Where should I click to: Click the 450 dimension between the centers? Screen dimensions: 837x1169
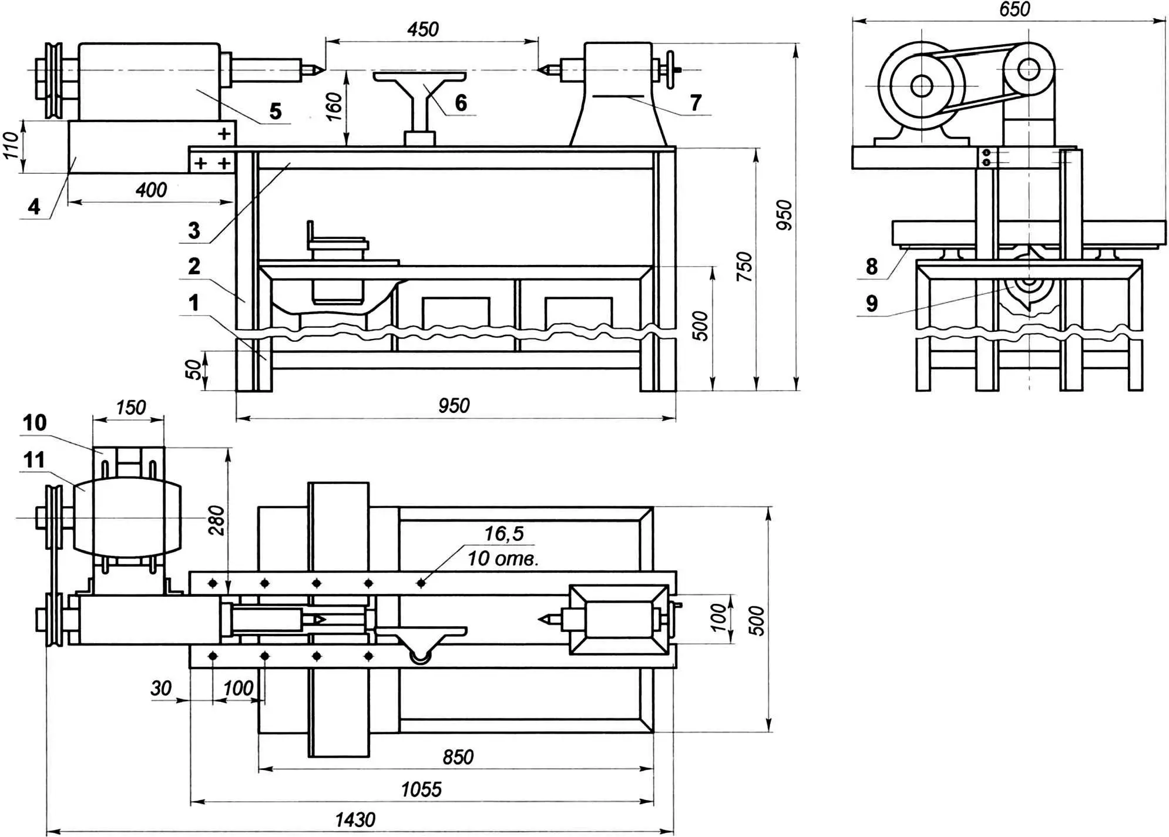pyautogui.click(x=423, y=29)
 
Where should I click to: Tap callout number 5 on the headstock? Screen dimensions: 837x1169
pyautogui.click(x=275, y=111)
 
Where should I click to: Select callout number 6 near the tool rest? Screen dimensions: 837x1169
pyautogui.click(x=461, y=103)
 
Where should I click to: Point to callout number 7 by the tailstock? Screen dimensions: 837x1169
pyautogui.click(x=695, y=103)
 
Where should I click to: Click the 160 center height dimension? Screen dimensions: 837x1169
pyautogui.click(x=334, y=106)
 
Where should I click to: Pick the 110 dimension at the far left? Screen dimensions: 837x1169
pyautogui.click(x=11, y=145)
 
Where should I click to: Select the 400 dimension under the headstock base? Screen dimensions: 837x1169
pyautogui.click(x=151, y=190)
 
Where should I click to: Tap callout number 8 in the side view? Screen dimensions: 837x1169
pyautogui.click(x=872, y=267)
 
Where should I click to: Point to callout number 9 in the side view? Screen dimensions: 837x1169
pyautogui.click(x=872, y=303)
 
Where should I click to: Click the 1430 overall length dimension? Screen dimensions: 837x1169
pyautogui.click(x=355, y=819)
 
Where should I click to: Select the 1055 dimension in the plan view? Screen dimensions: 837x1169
pyautogui.click(x=421, y=789)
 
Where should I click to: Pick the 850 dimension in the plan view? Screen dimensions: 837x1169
pyautogui.click(x=458, y=757)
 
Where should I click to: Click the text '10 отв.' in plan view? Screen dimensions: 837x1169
pyautogui.click(x=503, y=558)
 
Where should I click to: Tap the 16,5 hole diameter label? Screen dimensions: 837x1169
pyautogui.click(x=503, y=533)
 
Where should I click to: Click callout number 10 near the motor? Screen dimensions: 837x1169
pyautogui.click(x=35, y=422)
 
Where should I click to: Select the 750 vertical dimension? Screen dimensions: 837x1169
pyautogui.click(x=744, y=266)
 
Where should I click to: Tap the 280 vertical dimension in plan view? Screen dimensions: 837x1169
pyautogui.click(x=217, y=520)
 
